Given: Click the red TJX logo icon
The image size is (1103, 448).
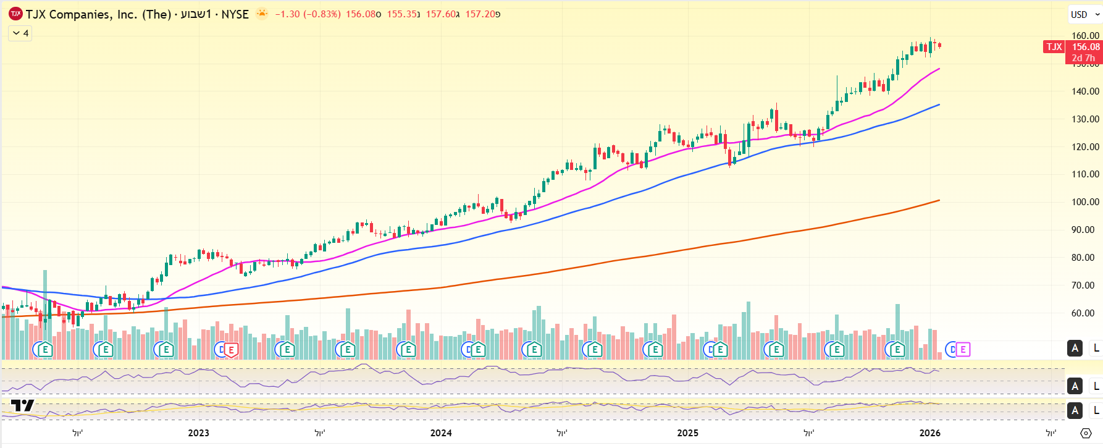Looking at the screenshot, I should pyautogui.click(x=15, y=14).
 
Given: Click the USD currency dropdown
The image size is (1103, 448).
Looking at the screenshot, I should pyautogui.click(x=1084, y=14).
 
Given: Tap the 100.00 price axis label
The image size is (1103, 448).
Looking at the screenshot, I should pyautogui.click(x=1085, y=202).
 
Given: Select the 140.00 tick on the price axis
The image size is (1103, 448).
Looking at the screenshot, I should pyautogui.click(x=1085, y=91).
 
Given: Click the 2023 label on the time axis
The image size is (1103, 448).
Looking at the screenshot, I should pyautogui.click(x=198, y=433).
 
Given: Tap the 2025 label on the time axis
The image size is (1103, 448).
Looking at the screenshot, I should pyautogui.click(x=687, y=433).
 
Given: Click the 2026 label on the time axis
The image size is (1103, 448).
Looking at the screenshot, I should pyautogui.click(x=929, y=433).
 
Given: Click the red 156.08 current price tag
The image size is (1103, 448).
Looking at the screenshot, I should pyautogui.click(x=1085, y=47).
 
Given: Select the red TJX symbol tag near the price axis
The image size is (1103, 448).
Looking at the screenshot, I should pyautogui.click(x=1054, y=47).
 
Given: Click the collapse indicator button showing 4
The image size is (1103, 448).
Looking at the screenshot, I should pyautogui.click(x=20, y=33).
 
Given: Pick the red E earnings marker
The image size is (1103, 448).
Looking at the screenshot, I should pyautogui.click(x=231, y=350).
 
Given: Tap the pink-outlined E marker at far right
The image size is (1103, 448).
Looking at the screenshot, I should pyautogui.click(x=962, y=350).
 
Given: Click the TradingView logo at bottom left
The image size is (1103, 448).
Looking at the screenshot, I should pyautogui.click(x=22, y=406).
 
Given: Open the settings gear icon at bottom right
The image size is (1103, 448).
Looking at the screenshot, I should pyautogui.click(x=1086, y=433).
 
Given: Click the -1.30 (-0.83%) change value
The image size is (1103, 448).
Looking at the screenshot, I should pyautogui.click(x=308, y=14).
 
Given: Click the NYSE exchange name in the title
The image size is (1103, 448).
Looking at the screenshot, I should pyautogui.click(x=235, y=14).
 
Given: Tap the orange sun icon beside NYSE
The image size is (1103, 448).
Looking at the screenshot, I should pyautogui.click(x=262, y=14).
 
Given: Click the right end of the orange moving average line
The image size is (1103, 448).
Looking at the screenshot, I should pyautogui.click(x=939, y=200).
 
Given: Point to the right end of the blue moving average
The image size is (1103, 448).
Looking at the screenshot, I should pyautogui.click(x=939, y=105).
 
